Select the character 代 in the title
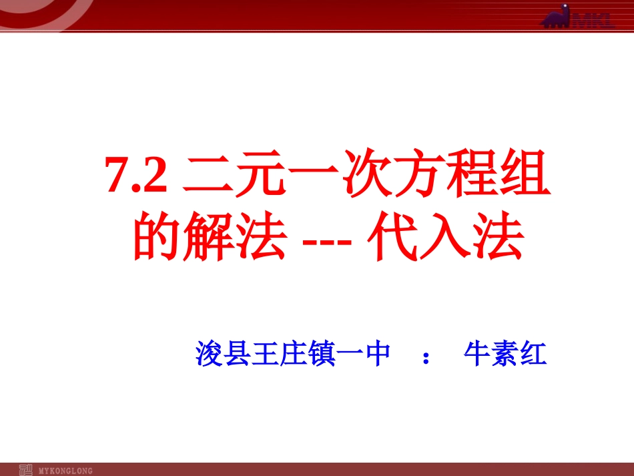[391, 238]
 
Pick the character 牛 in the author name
[477, 354]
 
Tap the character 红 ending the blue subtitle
[533, 354]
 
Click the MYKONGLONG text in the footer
[66, 470]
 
